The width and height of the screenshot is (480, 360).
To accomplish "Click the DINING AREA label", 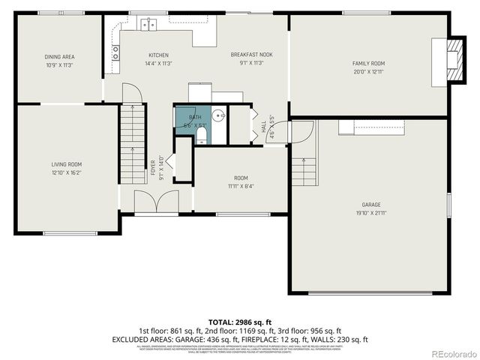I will [x=60, y=56].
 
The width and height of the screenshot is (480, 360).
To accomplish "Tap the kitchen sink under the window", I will [x=148, y=25].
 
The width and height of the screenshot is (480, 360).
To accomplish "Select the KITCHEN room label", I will [x=158, y=55].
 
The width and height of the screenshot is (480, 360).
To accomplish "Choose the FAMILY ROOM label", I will [x=368, y=64].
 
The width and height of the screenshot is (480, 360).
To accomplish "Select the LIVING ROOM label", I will [x=66, y=164].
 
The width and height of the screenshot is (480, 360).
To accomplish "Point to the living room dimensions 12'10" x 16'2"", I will [x=66, y=172].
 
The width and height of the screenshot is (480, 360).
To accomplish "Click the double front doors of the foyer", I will [x=157, y=202].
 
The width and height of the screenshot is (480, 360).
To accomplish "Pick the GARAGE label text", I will [x=371, y=205].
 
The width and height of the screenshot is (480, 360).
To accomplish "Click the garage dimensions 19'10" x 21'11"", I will [x=371, y=213].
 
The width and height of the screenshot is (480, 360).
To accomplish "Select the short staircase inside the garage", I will [x=304, y=172].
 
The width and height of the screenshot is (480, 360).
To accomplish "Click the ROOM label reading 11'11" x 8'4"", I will [x=241, y=178].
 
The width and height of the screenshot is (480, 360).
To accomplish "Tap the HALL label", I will [x=264, y=129].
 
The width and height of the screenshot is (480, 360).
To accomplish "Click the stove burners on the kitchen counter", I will [x=115, y=52].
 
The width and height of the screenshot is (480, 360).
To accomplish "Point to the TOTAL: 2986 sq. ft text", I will [x=240, y=321].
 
